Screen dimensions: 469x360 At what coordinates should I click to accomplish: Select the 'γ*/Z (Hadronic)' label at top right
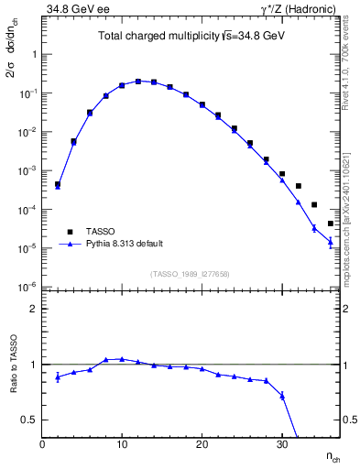(298, 9)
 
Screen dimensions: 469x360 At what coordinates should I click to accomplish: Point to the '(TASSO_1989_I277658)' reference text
(191, 274)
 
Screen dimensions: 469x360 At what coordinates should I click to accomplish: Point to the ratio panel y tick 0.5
(32, 420)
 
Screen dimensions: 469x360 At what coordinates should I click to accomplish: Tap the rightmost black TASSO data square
(331, 224)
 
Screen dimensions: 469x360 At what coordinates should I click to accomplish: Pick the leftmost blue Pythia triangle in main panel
(57, 186)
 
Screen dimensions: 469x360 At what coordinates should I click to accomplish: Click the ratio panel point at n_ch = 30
(282, 396)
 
